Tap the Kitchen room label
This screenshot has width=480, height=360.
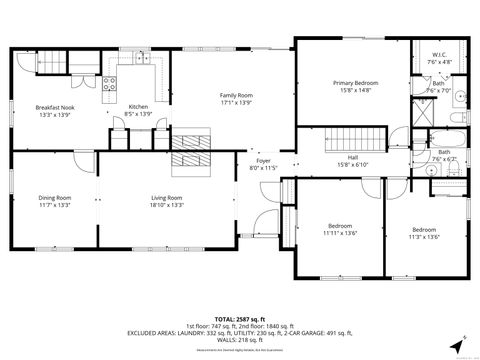138,111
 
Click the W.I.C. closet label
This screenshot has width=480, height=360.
439,57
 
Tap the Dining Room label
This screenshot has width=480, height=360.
54,201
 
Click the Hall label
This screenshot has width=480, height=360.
352,160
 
